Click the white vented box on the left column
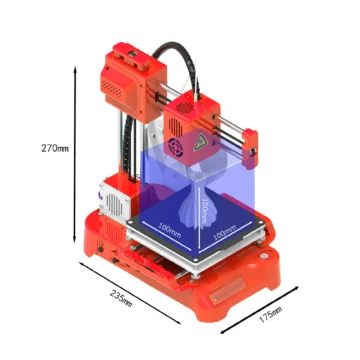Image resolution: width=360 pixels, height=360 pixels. click(x=114, y=199)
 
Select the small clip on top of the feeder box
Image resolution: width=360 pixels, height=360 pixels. click(x=131, y=48)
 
